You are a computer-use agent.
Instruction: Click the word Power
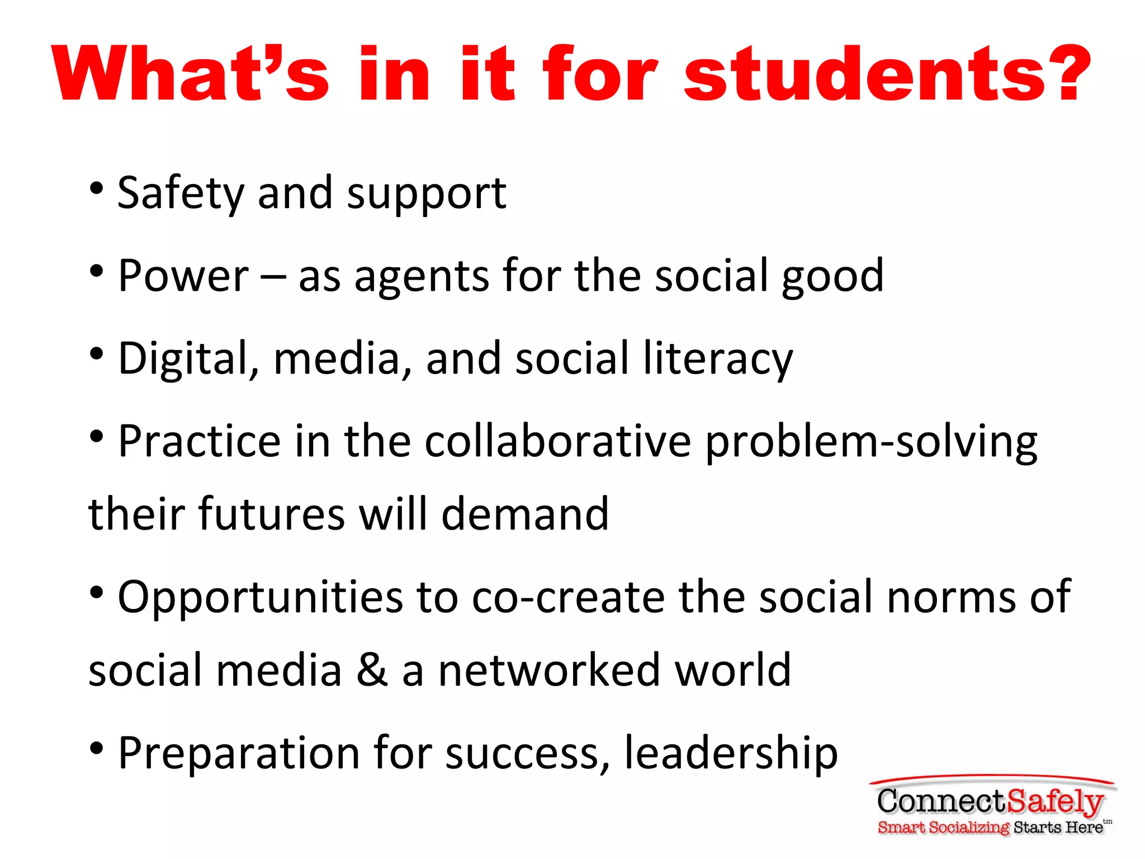coord(183,276)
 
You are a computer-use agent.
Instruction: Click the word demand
coord(525,513)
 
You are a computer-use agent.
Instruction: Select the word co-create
coord(568,597)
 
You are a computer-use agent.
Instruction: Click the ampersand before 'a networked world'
coord(372,670)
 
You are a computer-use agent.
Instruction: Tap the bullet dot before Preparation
coord(97,748)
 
